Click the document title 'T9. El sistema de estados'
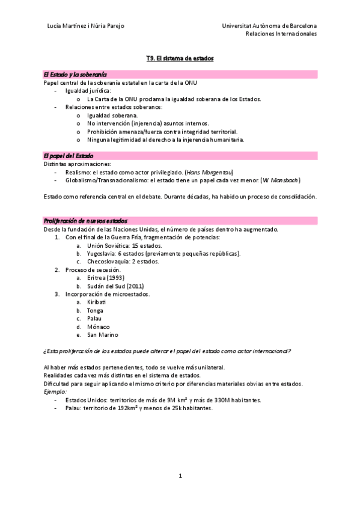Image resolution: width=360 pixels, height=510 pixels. pyautogui.click(x=180, y=58)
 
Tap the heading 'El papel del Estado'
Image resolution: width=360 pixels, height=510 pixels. pyautogui.click(x=69, y=155)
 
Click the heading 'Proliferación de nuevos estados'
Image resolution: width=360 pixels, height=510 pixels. pyautogui.click(x=85, y=221)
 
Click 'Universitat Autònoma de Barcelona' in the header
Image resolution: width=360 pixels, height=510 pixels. pyautogui.click(x=269, y=26)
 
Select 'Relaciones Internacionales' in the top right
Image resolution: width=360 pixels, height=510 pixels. pyautogui.click(x=281, y=34)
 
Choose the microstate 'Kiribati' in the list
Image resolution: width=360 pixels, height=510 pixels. pyautogui.click(x=96, y=302)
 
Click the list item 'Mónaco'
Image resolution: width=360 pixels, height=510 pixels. pyautogui.click(x=97, y=327)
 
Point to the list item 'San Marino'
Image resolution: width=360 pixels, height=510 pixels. pyautogui.click(x=102, y=334)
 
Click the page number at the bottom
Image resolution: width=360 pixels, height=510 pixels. pyautogui.click(x=180, y=476)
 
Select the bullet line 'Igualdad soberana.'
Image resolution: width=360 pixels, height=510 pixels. pyautogui.click(x=112, y=115)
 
